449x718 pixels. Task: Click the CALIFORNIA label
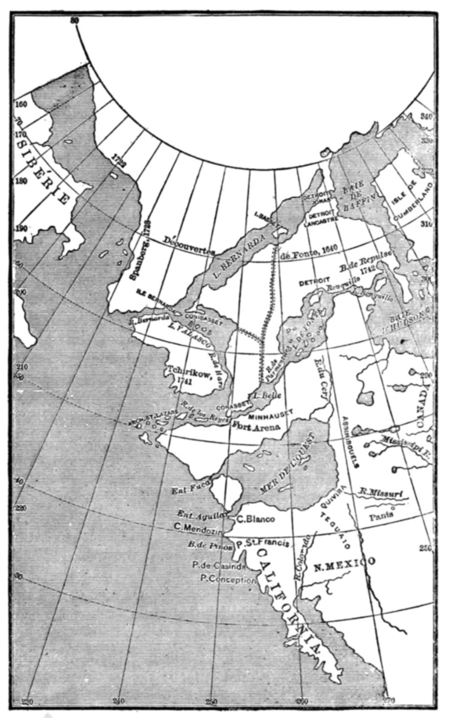(x=287, y=601)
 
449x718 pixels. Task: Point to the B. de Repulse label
(x=365, y=260)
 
